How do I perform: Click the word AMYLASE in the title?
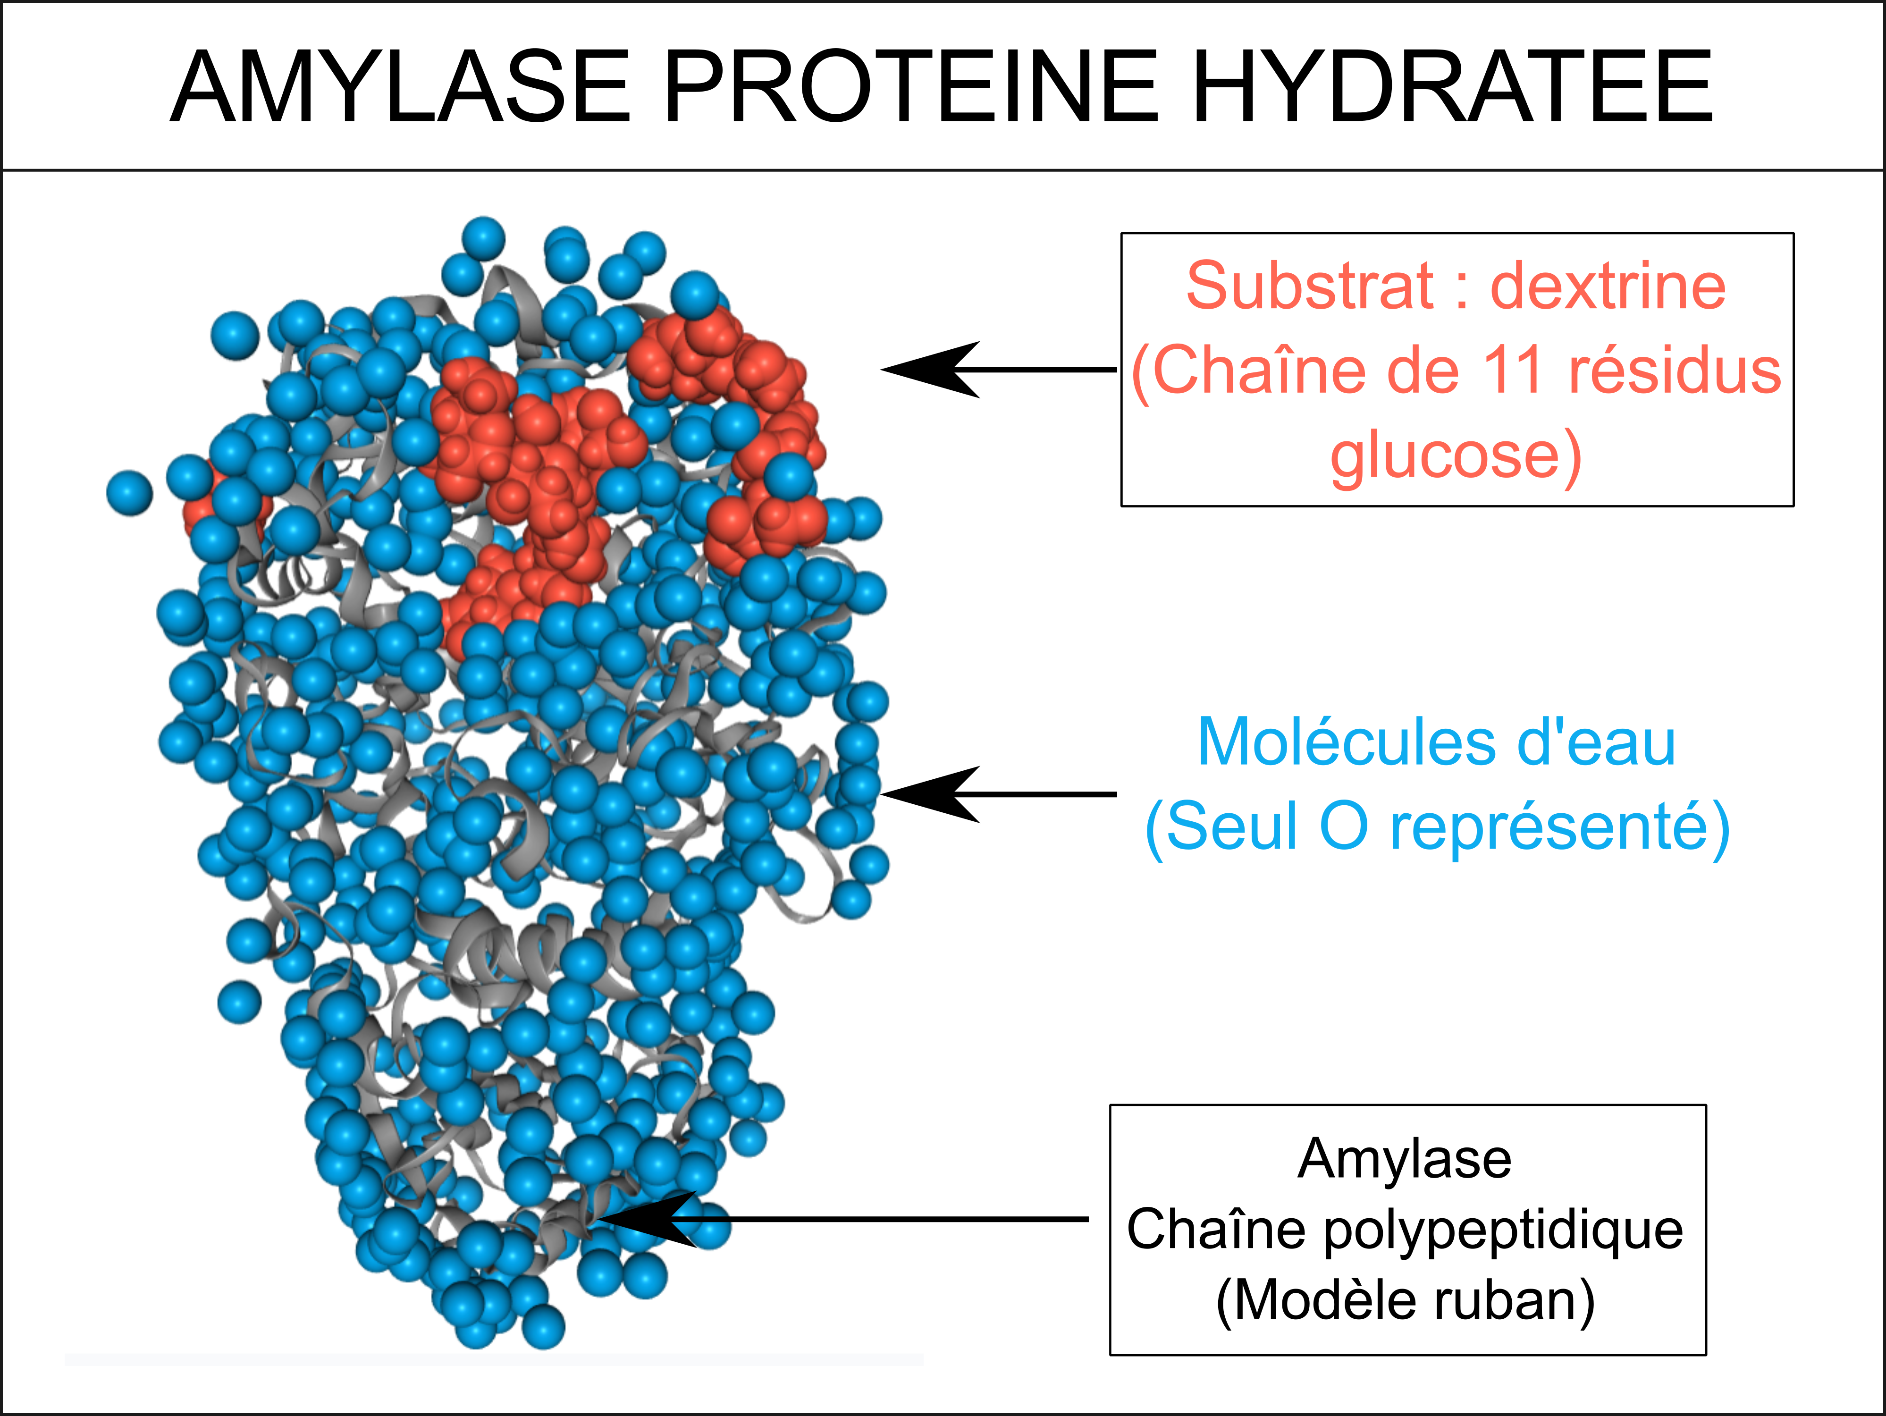pos(401,87)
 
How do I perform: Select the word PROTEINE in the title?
pos(910,87)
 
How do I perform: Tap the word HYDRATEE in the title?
pos(1452,87)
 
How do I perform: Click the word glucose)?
pos(1456,458)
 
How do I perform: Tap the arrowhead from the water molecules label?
pos(929,794)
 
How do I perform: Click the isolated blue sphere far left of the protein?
pos(130,493)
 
